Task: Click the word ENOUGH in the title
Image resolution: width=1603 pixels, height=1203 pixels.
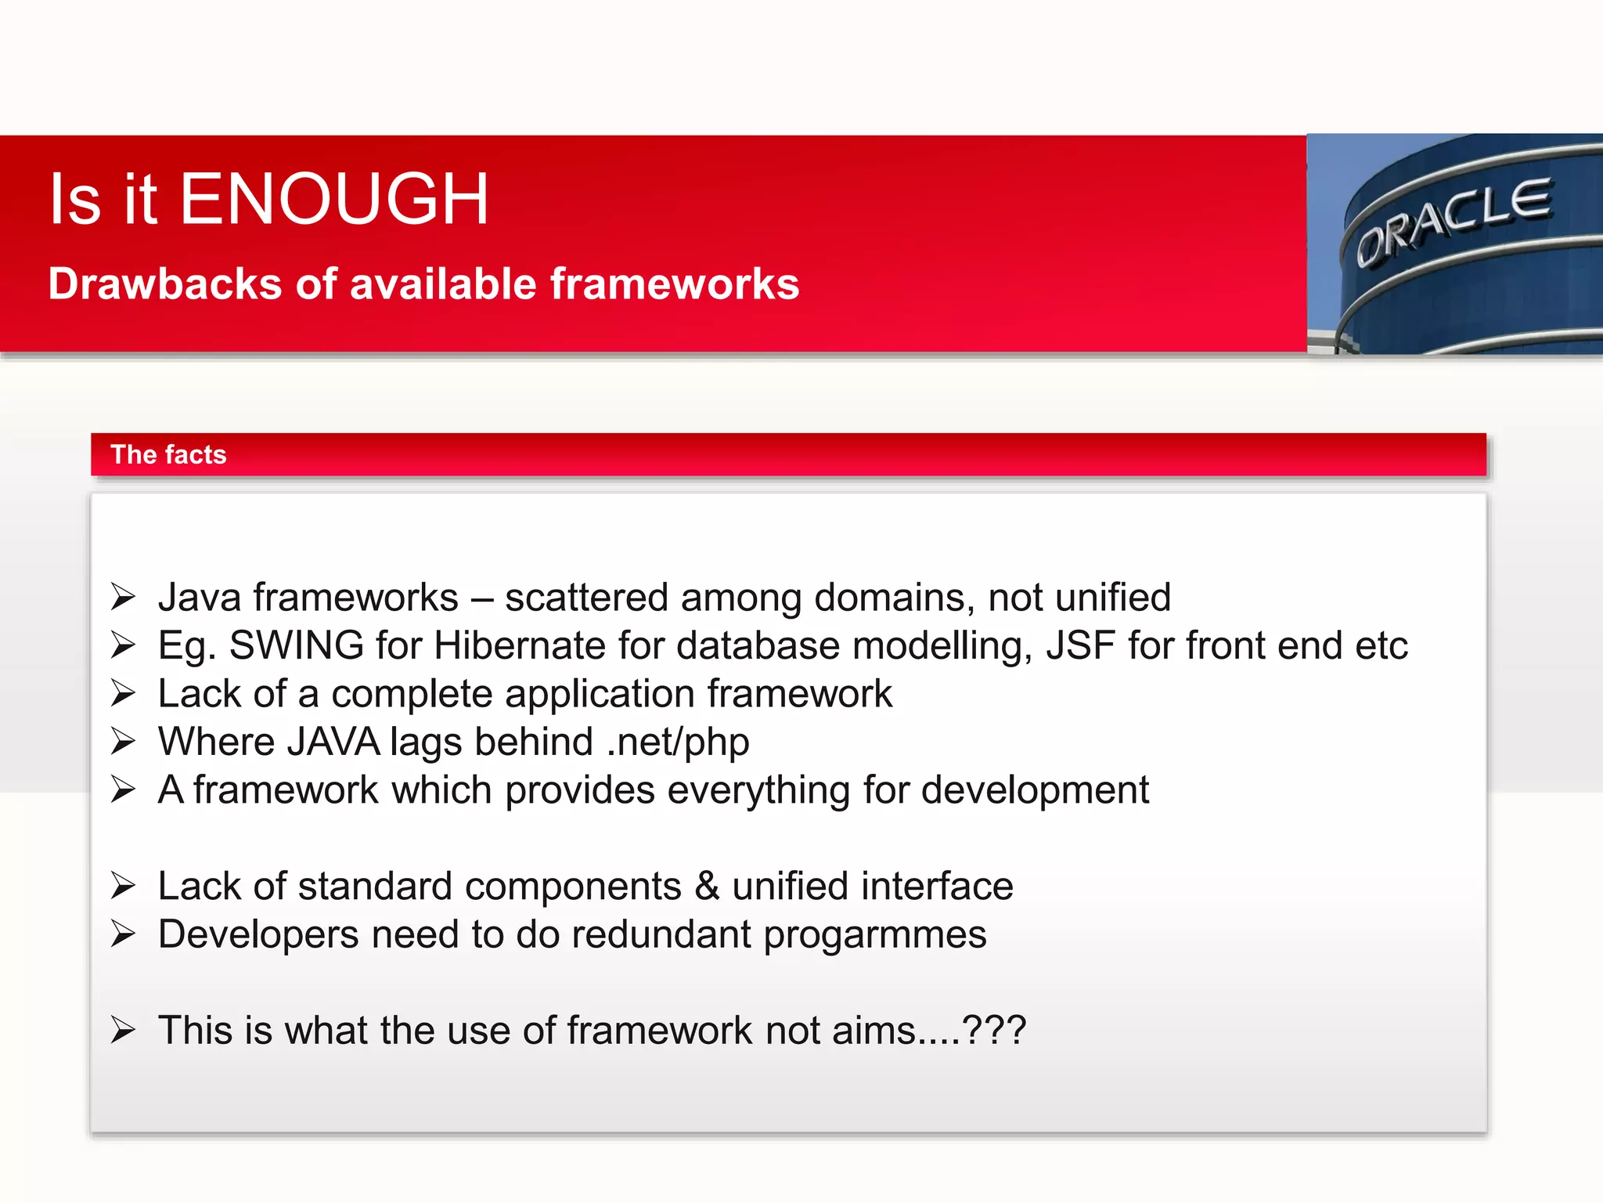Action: [334, 200]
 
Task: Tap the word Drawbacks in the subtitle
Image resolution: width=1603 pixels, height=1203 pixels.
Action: [164, 284]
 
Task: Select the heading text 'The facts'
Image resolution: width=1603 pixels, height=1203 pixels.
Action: [168, 455]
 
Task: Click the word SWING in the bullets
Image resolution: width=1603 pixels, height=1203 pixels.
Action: [297, 646]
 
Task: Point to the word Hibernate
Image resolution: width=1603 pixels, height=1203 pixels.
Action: [520, 646]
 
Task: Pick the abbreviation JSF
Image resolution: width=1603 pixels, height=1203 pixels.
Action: [1080, 646]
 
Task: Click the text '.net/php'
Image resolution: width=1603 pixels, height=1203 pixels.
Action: [678, 742]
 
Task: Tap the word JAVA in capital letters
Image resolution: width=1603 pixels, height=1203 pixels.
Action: [333, 742]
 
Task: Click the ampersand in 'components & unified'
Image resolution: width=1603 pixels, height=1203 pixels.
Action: [707, 887]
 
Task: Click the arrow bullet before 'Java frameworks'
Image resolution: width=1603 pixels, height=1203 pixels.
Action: [123, 598]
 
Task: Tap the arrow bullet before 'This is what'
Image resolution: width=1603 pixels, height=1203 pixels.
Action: [123, 1031]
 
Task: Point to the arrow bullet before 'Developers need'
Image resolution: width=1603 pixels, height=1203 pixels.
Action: [123, 934]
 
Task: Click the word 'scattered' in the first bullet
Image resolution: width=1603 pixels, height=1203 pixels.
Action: [586, 598]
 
